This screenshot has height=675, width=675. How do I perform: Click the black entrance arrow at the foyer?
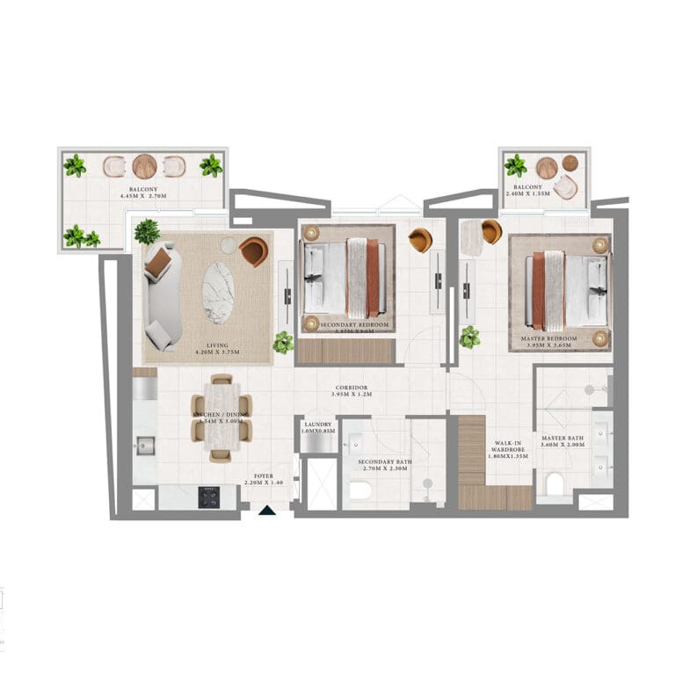click(265, 512)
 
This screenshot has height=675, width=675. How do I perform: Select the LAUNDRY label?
click(316, 425)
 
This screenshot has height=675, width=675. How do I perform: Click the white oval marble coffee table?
click(219, 293)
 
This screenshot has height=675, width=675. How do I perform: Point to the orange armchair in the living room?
click(253, 251)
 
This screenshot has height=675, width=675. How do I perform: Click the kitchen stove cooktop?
click(209, 497)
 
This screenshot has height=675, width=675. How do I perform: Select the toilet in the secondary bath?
click(359, 490)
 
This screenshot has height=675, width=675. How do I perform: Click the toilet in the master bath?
click(555, 484)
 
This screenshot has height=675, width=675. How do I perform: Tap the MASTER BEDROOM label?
click(548, 338)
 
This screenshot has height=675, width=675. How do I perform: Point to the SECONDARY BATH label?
click(379, 461)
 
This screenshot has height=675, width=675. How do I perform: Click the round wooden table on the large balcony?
click(145, 165)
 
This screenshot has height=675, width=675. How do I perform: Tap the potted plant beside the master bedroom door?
click(470, 337)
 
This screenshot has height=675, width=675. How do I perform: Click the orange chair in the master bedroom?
click(491, 231)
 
